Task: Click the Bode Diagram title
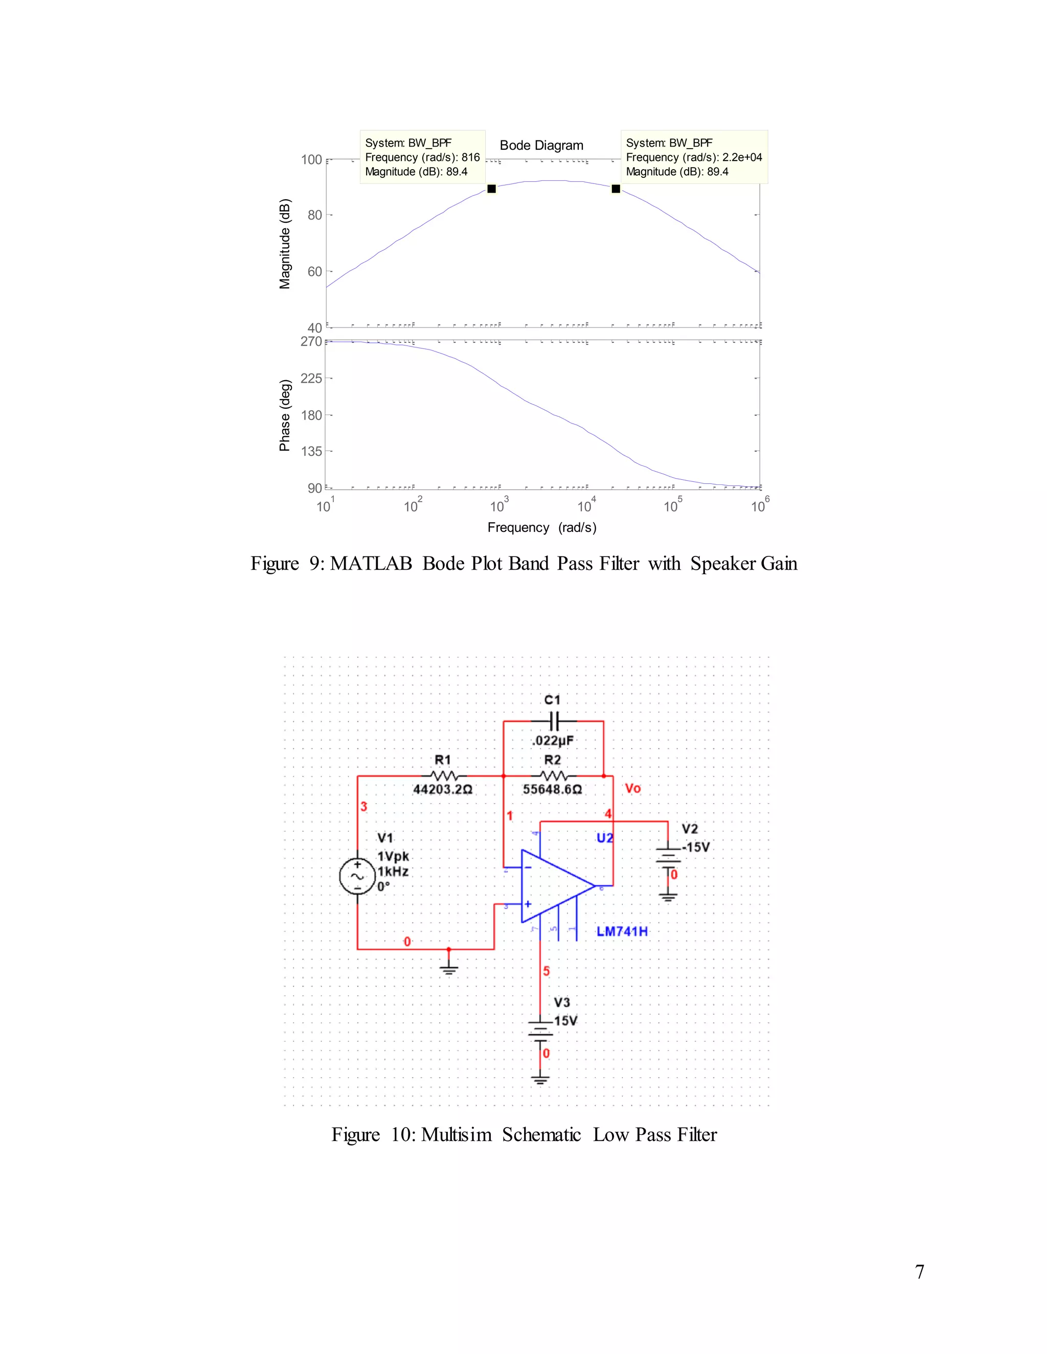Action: coord(541,145)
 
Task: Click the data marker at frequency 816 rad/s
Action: coord(491,189)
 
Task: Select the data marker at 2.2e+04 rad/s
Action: coord(616,189)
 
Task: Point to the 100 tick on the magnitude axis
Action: coord(311,160)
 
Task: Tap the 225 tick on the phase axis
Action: coord(311,378)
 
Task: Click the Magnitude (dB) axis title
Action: coord(285,244)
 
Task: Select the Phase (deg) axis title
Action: coord(285,415)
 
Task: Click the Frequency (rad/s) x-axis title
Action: coord(541,528)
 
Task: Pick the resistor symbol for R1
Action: coord(443,776)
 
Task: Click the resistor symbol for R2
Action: coord(553,776)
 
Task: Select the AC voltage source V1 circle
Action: coord(357,876)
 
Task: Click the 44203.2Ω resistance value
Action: coord(443,789)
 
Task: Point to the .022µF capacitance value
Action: coord(553,741)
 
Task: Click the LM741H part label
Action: coord(622,931)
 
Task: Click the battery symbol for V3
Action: coord(540,1031)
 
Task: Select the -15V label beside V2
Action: coord(696,847)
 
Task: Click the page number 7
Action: coord(920,1272)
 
